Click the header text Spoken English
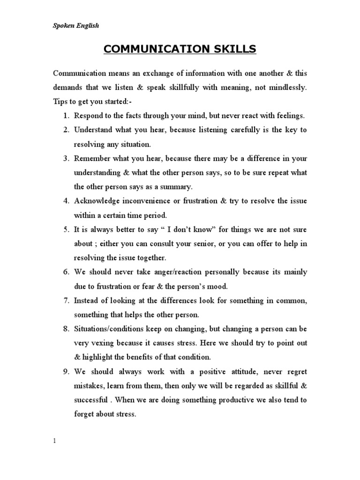coord(75,26)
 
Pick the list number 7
coord(66,300)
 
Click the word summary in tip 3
coord(176,187)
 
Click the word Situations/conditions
coord(110,329)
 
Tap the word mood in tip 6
coord(210,286)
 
